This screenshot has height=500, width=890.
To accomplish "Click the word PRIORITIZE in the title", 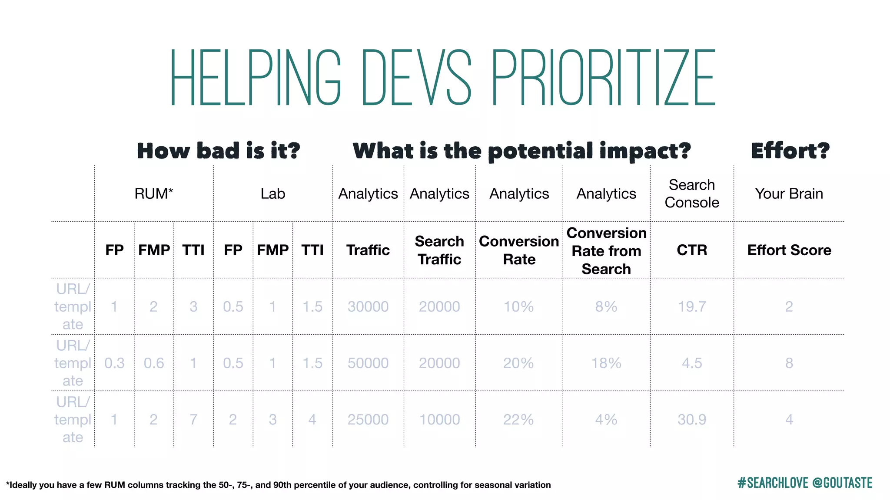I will coord(603,78).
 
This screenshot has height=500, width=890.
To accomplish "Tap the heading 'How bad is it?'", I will coord(219,151).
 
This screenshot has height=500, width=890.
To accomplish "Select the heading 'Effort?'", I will coord(790,151).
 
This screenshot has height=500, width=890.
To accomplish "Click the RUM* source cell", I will coord(154,194).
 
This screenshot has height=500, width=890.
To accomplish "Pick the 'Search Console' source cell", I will coord(692,194).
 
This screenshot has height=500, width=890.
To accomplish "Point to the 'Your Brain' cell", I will coord(789,194).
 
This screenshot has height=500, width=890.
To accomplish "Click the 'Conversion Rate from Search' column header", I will coord(606,251).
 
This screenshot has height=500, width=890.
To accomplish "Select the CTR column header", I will coord(692,250).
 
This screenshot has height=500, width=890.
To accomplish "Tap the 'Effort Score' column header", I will coord(789,250).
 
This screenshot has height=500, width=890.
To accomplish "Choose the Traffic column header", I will coord(368,250).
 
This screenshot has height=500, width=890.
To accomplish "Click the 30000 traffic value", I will coord(368,306).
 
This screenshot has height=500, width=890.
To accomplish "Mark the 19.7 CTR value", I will coord(692,306).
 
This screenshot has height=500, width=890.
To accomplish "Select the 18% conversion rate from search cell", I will coord(606,363).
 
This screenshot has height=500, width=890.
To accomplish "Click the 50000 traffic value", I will coord(368,363).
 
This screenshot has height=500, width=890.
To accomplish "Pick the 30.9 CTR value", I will coord(692,419).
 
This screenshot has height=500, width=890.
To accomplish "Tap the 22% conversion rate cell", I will coord(518,419).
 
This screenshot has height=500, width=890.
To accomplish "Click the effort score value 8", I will coord(789,363).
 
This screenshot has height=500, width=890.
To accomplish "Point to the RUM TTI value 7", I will coord(193,419).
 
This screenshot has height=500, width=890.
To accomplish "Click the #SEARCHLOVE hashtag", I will coord(773,483).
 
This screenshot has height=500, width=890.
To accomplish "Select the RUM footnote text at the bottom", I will coord(278,485).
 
